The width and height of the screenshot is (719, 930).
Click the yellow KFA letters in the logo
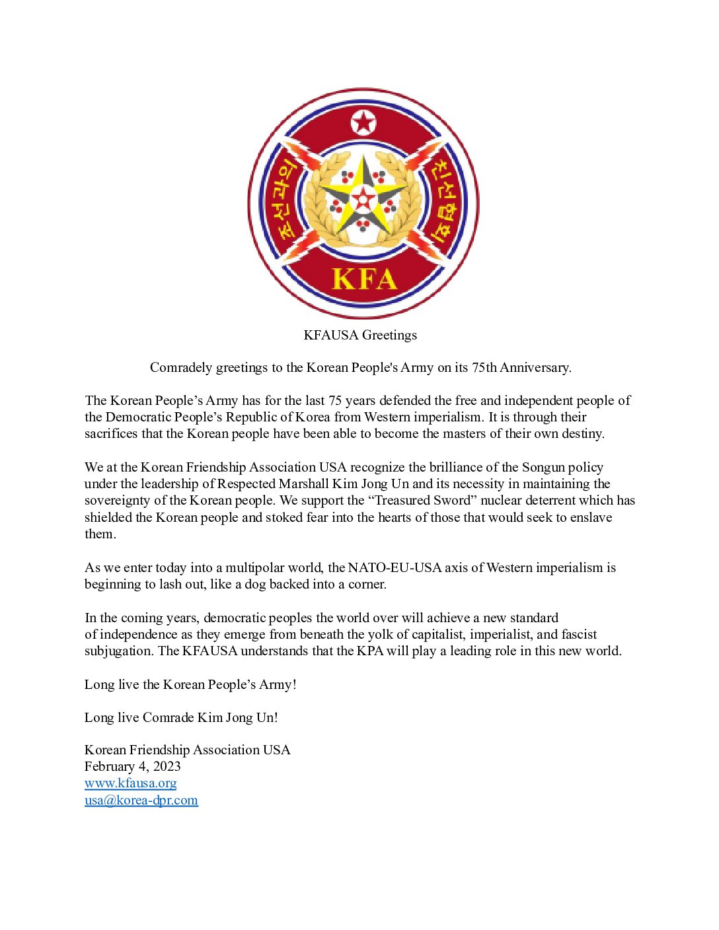click(363, 279)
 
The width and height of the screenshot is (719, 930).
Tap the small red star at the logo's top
click(363, 123)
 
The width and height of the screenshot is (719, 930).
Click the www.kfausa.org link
click(130, 783)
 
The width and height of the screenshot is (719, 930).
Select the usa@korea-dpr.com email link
click(141, 800)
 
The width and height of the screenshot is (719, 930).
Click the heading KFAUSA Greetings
click(360, 335)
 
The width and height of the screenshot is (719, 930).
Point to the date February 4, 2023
click(132, 766)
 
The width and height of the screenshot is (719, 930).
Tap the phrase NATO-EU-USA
click(395, 567)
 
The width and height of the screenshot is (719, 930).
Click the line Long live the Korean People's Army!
click(190, 684)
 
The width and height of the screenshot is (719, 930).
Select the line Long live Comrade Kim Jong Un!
click(181, 717)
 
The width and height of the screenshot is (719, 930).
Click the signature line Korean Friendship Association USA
click(187, 750)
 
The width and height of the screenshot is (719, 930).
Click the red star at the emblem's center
click(363, 199)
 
